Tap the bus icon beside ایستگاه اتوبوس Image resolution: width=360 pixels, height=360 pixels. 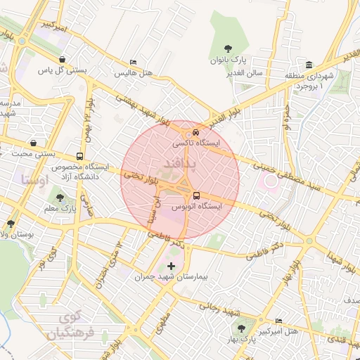click(x=195, y=195)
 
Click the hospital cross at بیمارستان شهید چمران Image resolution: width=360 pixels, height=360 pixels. click(x=172, y=266)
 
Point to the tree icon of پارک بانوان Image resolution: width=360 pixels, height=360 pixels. click(x=233, y=49)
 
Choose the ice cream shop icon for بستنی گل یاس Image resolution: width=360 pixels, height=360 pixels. click(x=64, y=59)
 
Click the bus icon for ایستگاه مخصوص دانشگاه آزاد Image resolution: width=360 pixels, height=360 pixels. click(x=79, y=156)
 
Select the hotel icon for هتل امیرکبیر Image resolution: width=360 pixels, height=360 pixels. click(x=278, y=320)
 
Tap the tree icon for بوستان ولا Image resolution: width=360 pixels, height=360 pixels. click(x=11, y=223)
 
